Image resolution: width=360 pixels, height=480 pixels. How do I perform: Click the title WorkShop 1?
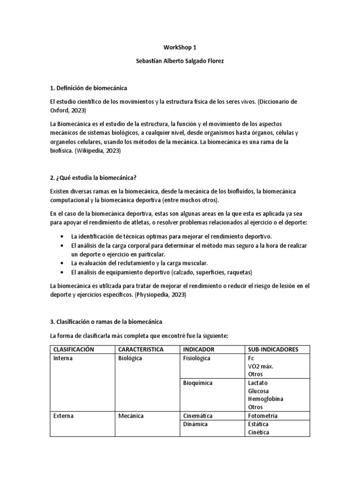coord(180,47)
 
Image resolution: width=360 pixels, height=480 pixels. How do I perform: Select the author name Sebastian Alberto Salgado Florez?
coord(180,62)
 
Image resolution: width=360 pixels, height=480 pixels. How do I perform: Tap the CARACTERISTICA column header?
coord(141,350)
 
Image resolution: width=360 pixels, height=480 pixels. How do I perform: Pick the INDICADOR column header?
coord(199,350)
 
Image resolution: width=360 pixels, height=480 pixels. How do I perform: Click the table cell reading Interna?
coord(63,359)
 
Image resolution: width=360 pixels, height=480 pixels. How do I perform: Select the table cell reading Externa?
coord(64,416)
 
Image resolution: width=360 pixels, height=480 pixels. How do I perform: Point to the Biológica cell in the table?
coord(130,359)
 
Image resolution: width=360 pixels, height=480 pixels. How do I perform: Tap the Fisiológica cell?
coord(196,359)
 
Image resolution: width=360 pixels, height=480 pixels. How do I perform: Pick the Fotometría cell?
coord(262,416)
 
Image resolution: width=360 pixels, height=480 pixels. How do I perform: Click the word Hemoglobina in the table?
coord(266,399)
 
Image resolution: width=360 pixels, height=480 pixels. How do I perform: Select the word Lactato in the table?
coord(258,383)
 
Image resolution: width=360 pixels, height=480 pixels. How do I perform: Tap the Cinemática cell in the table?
coord(198,416)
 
